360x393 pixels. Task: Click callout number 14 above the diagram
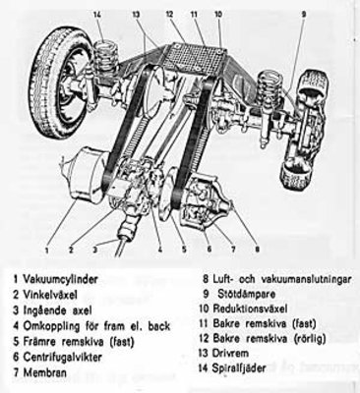pyautogui.click(x=97, y=15)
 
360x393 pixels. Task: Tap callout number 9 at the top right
pyautogui.click(x=303, y=14)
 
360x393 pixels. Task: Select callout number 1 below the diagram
pyautogui.click(x=47, y=251)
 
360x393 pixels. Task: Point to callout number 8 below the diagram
pyautogui.click(x=257, y=250)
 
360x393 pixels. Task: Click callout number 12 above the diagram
pyautogui.click(x=169, y=14)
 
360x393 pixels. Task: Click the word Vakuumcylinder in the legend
pyautogui.click(x=60, y=279)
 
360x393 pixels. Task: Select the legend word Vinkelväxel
pyautogui.click(x=50, y=295)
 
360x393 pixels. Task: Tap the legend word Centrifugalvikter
pyautogui.click(x=62, y=357)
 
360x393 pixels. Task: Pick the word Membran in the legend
pyautogui.click(x=44, y=372)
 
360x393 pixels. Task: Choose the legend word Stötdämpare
pyautogui.click(x=247, y=294)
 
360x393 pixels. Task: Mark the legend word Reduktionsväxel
pyautogui.click(x=250, y=309)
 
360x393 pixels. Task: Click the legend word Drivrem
pyautogui.click(x=231, y=353)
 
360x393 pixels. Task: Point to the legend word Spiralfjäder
pyautogui.click(x=239, y=367)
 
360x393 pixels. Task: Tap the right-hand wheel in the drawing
pyautogui.click(x=304, y=131)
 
